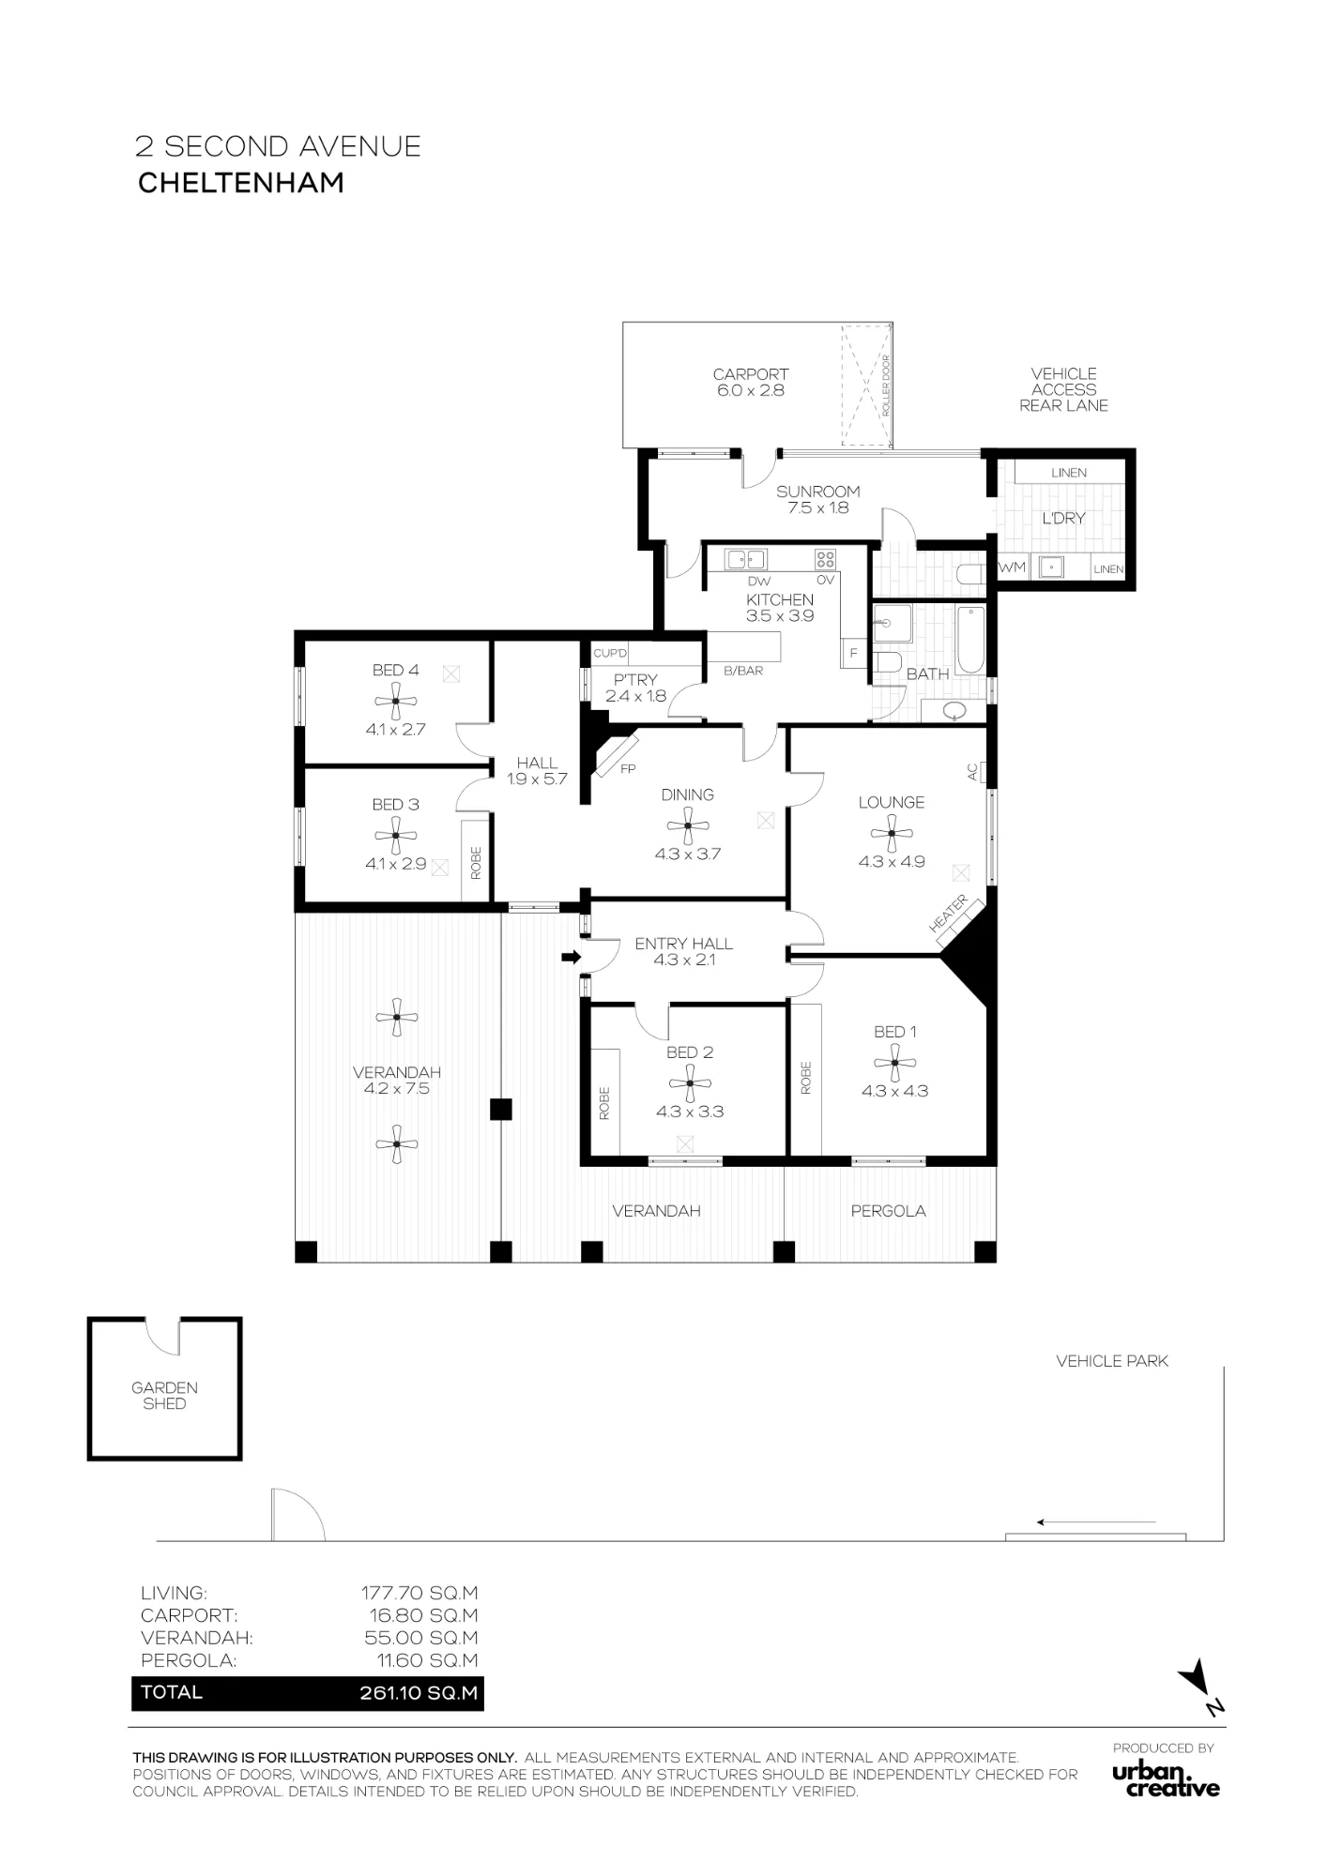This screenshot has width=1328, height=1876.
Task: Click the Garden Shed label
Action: (164, 1396)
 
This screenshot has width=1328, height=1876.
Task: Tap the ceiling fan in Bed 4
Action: (396, 700)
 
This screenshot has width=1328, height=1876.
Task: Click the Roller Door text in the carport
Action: (885, 386)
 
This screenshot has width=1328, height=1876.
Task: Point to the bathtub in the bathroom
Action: (970, 640)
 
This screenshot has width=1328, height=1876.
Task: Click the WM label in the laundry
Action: (1012, 567)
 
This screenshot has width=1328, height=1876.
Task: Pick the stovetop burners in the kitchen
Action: (825, 560)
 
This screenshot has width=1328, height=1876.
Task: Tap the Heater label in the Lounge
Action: (949, 914)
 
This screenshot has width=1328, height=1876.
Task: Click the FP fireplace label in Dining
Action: (629, 769)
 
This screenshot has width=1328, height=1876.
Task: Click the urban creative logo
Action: (1166, 1780)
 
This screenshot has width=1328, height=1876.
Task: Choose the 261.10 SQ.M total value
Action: (419, 1693)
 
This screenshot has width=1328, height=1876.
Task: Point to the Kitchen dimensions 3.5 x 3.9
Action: (780, 616)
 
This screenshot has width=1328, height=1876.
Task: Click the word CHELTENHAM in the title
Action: (241, 183)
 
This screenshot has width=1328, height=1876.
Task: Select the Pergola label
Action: (889, 1211)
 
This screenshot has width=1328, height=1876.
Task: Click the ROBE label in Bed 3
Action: (476, 863)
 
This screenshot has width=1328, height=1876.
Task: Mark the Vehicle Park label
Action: (1112, 1361)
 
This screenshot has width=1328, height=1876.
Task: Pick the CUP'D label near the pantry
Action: (610, 653)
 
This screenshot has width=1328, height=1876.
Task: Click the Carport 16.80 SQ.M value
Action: (423, 1615)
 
